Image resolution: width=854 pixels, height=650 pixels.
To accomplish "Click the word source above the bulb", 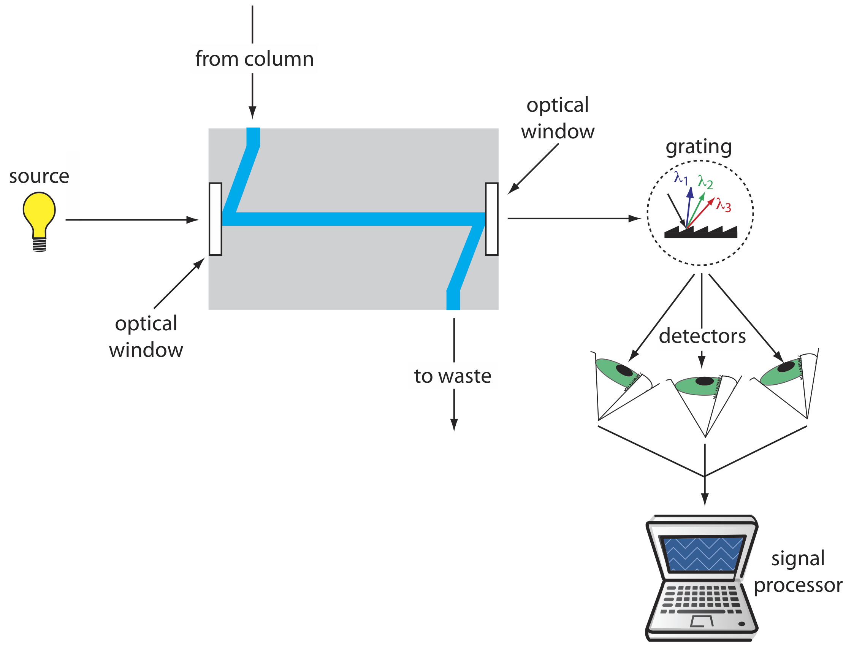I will pyautogui.click(x=39, y=177).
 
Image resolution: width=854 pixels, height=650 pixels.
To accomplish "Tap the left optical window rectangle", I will pyautogui.click(x=215, y=219).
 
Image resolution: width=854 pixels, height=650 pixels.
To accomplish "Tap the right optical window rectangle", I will pyautogui.click(x=491, y=219).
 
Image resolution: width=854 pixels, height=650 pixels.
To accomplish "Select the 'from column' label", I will pyautogui.click(x=254, y=59).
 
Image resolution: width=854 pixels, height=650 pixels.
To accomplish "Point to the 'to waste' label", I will pyautogui.click(x=453, y=376).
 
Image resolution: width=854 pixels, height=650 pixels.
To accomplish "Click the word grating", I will pyautogui.click(x=698, y=147).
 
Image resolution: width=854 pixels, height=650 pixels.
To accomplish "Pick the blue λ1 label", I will pyautogui.click(x=681, y=178).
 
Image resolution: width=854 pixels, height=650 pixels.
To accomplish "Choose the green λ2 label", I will pyautogui.click(x=705, y=181).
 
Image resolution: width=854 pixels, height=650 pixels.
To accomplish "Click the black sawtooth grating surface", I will pyautogui.click(x=700, y=232).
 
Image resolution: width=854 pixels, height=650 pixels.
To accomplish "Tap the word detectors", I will pyautogui.click(x=702, y=336).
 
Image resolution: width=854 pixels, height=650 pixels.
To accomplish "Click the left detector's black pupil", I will pyautogui.click(x=624, y=371).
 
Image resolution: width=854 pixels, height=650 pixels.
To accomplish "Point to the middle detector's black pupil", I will pyautogui.click(x=704, y=381).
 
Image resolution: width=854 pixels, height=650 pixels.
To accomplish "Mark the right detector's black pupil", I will pyautogui.click(x=786, y=367).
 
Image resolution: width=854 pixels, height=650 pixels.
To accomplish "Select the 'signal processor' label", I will pyautogui.click(x=797, y=571).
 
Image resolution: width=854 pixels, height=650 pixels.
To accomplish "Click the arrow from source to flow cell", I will pyautogui.click(x=132, y=220).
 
